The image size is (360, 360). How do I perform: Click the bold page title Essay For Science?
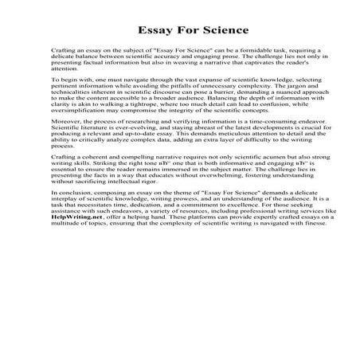pyautogui.click(x=179, y=29)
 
